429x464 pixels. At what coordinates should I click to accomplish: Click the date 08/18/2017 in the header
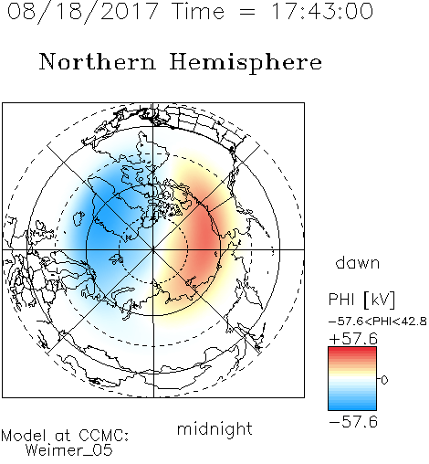(82, 12)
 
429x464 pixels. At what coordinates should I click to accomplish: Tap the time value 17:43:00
(321, 11)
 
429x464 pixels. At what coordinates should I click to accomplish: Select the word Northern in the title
(98, 61)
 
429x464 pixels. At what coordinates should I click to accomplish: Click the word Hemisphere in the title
(246, 63)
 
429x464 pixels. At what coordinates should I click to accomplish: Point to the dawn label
(358, 262)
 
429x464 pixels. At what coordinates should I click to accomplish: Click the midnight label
(214, 428)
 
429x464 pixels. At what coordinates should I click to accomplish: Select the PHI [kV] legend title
(362, 300)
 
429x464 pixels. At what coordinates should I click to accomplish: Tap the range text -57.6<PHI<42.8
(378, 322)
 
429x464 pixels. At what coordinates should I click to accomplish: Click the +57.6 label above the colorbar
(353, 339)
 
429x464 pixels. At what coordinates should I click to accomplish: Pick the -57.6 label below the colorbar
(353, 422)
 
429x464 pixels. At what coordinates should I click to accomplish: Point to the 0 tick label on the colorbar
(384, 380)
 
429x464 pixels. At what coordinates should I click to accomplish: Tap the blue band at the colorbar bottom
(352, 406)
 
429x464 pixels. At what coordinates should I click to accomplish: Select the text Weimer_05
(69, 450)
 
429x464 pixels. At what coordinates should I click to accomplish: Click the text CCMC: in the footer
(104, 436)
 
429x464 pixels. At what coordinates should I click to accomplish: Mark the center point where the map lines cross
(153, 249)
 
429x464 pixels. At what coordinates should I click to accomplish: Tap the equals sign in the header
(247, 12)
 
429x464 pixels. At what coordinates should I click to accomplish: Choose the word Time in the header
(198, 11)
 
